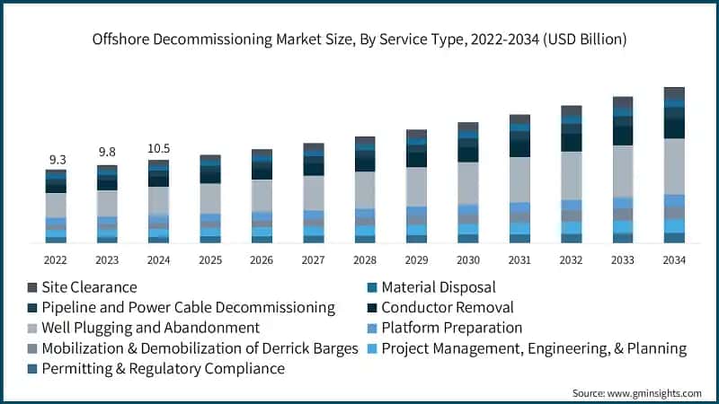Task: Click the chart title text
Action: coord(359,40)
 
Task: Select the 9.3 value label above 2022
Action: coord(57,159)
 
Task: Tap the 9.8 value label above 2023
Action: coord(108,153)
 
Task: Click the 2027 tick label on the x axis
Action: coord(314,260)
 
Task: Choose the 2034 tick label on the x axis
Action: coord(674,260)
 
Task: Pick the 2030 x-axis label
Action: coord(468,260)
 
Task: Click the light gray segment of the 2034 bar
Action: coord(674,166)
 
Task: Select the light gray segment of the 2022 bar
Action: coord(57,205)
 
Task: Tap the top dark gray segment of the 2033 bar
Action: coord(623,101)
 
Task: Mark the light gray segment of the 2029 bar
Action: coord(416,186)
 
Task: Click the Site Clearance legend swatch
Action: coord(32,287)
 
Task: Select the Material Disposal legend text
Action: coord(439,287)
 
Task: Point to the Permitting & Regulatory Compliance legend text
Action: coord(163,368)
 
